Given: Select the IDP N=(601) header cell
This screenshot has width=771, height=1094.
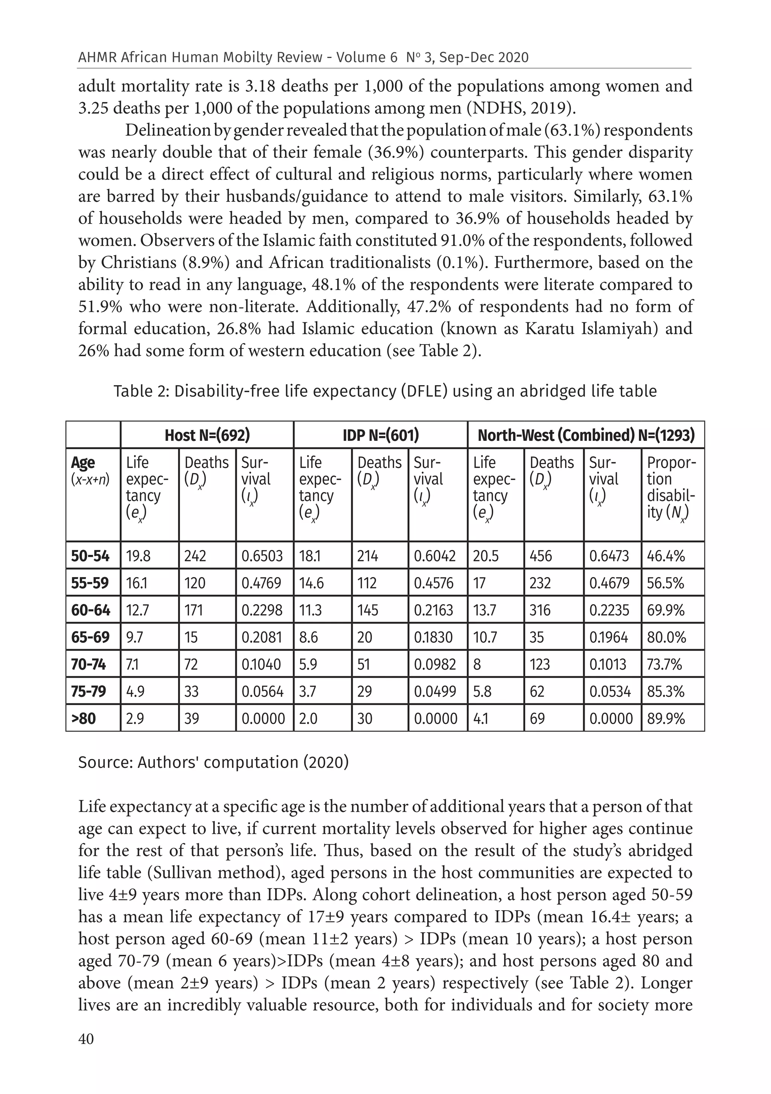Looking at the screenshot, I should click(380, 435).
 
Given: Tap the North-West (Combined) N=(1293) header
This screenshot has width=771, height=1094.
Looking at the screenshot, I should click(586, 435).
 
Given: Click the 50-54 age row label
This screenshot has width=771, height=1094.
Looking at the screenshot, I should click(90, 556).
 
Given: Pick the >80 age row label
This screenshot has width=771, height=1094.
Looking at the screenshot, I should click(84, 719).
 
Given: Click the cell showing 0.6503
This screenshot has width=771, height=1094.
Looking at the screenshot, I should click(262, 556).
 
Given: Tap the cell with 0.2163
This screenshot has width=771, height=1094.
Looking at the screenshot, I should click(433, 610).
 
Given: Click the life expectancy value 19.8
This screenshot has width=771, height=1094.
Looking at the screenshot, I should click(138, 556).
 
